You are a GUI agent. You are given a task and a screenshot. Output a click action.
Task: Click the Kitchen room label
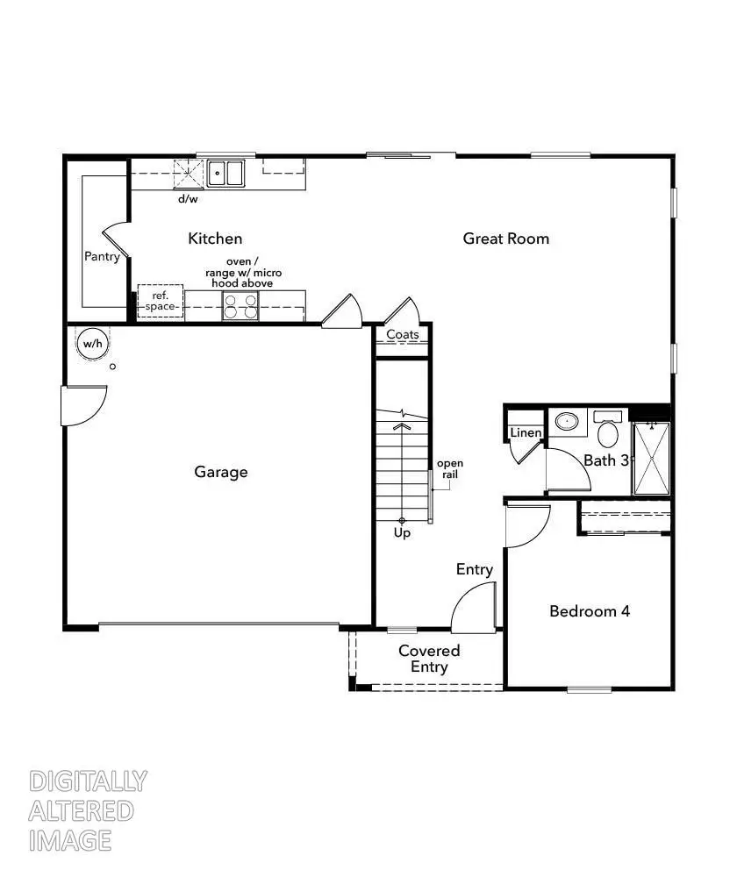[x=215, y=239]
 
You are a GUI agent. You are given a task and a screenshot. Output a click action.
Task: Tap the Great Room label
[x=506, y=239]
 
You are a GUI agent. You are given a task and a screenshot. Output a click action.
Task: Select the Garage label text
[x=221, y=472]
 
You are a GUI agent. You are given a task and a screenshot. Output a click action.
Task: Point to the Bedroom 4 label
[x=590, y=611]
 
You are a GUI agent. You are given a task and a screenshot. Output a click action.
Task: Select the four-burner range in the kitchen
[x=240, y=306]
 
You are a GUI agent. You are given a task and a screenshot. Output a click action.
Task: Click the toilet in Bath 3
[x=607, y=431]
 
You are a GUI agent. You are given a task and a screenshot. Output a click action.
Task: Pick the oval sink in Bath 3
[x=569, y=422]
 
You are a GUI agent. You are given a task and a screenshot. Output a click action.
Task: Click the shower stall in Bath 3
[x=651, y=459]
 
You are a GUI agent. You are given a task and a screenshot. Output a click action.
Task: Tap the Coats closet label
[x=403, y=334]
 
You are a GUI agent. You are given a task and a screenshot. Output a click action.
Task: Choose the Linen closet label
[x=526, y=433]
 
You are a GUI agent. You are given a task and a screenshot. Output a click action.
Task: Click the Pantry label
[x=102, y=257]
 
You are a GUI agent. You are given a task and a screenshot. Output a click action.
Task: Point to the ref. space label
[x=160, y=301]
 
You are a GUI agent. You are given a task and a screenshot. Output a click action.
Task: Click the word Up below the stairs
[x=402, y=532]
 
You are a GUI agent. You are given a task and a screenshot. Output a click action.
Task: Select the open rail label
[x=450, y=468]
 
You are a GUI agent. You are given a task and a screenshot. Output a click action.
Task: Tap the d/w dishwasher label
[x=188, y=199]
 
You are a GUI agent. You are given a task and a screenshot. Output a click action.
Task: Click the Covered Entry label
[x=429, y=659]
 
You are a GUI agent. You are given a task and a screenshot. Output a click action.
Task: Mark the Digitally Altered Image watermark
[x=88, y=810]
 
